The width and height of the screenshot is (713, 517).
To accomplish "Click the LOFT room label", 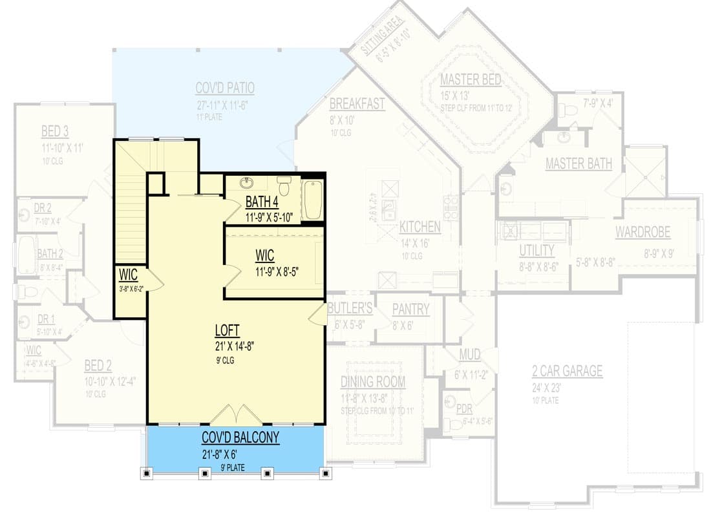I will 227,331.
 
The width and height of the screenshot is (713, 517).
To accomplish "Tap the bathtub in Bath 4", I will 313,200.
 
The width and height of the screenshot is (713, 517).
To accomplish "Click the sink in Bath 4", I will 246,183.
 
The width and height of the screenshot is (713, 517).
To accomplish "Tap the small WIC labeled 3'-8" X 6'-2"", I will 128,275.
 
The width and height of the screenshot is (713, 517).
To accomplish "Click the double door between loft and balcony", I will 235,416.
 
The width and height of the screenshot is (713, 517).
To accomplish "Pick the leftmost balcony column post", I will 147,474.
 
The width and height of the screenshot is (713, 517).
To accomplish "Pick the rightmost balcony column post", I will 326,474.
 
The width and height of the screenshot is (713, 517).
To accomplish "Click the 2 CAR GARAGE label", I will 567,372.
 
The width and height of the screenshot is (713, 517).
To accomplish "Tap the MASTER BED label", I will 470,80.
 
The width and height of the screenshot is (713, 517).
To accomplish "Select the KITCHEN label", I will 420,227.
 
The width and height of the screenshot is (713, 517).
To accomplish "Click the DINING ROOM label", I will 373,382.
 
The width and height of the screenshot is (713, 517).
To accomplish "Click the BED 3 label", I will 55,132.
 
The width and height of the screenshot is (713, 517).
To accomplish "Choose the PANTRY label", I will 410,310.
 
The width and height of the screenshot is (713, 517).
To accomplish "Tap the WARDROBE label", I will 643,232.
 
